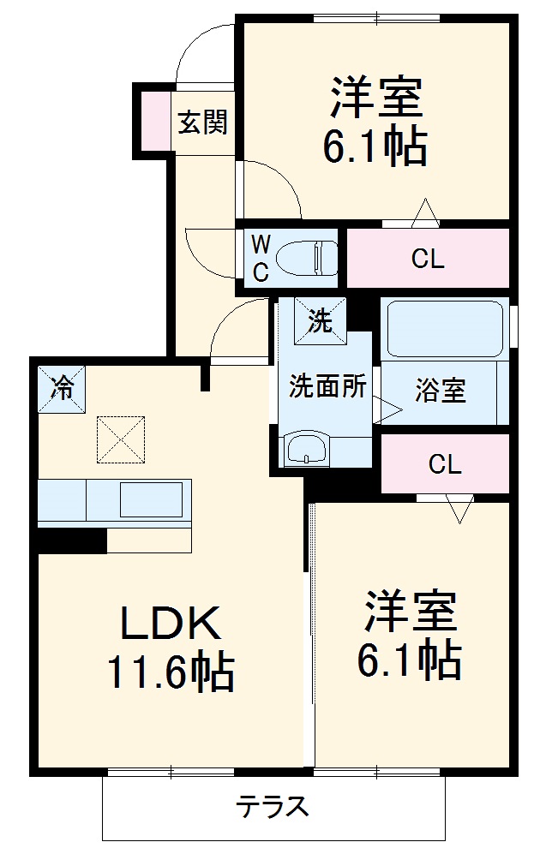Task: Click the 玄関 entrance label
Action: coord(203,122)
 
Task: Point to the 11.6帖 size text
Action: coord(170,672)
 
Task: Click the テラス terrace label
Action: coord(273,806)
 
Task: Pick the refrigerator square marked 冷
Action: coord(62,388)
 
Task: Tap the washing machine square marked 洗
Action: coord(320,321)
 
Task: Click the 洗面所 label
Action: coord(327,386)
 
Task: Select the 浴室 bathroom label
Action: coord(441,391)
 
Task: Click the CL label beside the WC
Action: coord(427,260)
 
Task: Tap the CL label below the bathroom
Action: coord(445,464)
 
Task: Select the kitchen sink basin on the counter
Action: coord(151,499)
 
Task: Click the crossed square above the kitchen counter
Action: coord(121,439)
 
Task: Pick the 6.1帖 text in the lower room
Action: coord(410,660)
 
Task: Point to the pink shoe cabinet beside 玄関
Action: coord(155,121)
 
